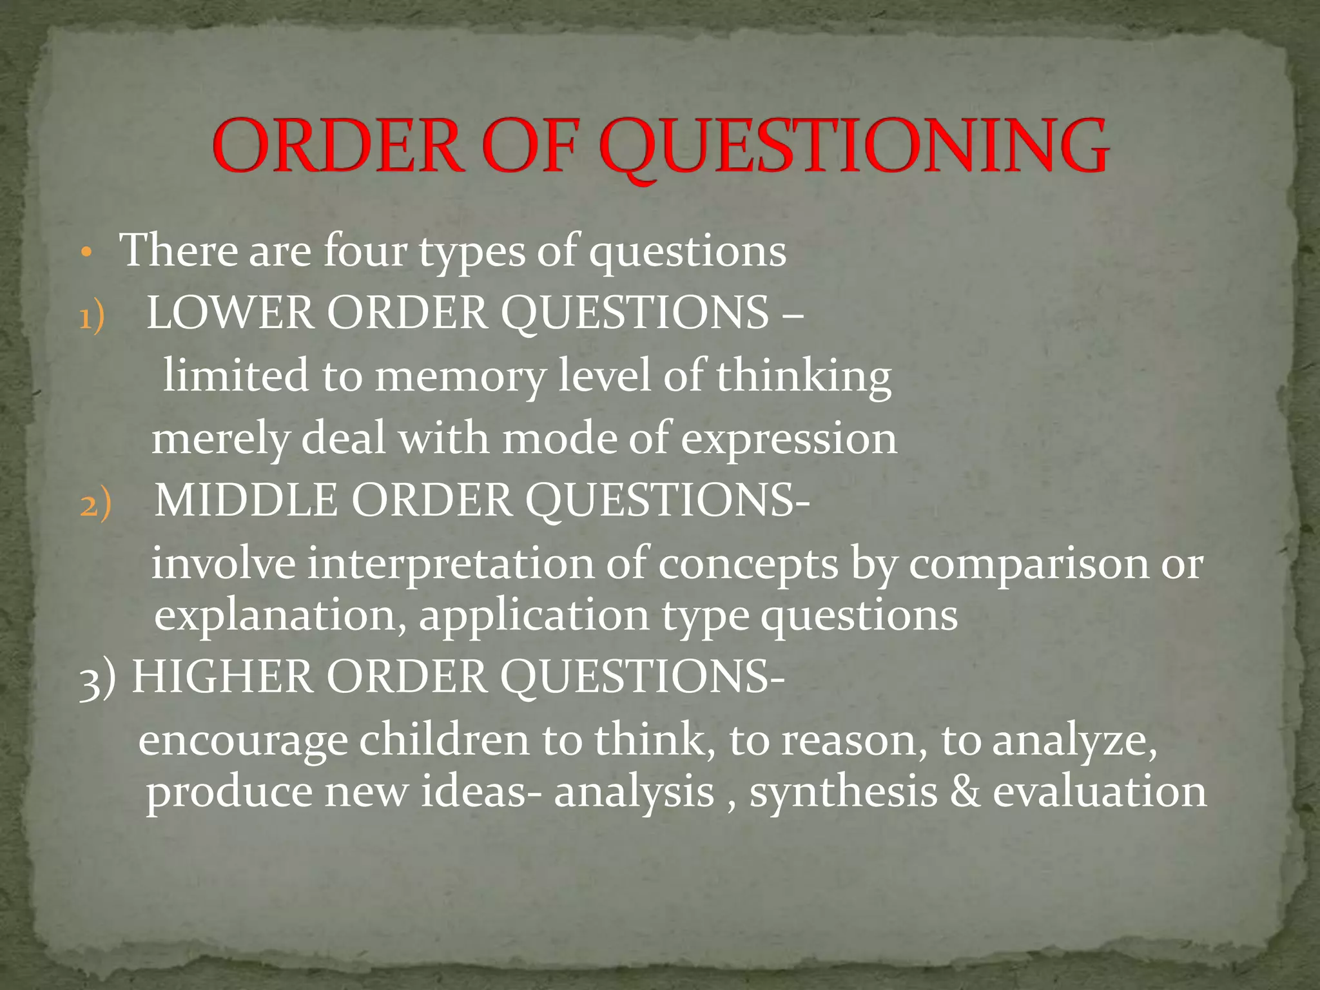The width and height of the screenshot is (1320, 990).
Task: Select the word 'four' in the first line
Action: [x=365, y=251]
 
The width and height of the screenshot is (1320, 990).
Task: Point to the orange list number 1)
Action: [x=92, y=318]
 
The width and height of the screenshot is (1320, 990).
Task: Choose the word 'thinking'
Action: [x=804, y=376]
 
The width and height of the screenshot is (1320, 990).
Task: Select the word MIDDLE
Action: [x=246, y=500]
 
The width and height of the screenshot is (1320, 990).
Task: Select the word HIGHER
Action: [x=222, y=677]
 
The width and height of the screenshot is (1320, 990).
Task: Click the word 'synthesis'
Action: [x=843, y=792]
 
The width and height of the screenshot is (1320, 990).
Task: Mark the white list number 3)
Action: [x=97, y=679]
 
